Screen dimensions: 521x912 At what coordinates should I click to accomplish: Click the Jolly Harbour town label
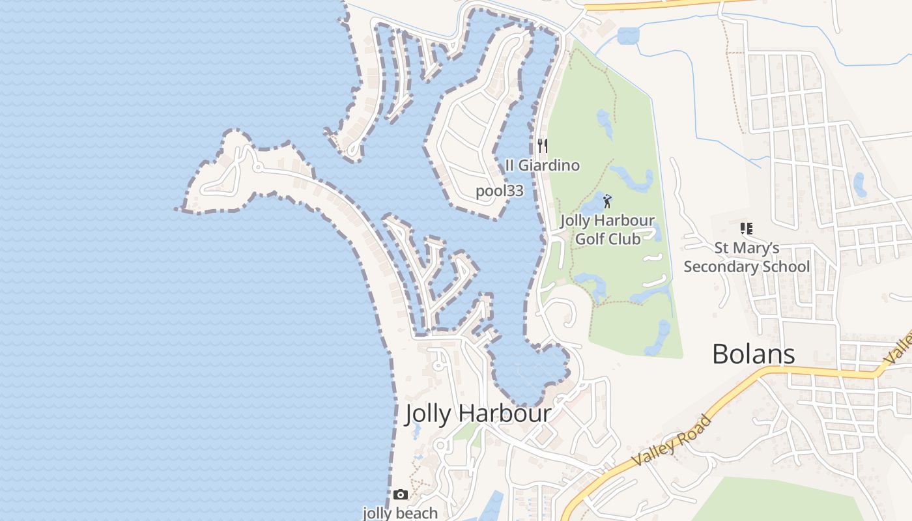[x=478, y=414]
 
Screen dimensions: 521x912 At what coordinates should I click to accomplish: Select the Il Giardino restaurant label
[x=542, y=165]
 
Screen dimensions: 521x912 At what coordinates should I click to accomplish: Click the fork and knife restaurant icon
[x=542, y=145]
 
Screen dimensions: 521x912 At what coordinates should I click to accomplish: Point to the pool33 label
[x=500, y=191]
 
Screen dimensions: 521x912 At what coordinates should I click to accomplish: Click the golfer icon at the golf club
[x=607, y=201]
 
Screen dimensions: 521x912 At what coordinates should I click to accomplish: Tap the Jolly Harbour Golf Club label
[x=607, y=229]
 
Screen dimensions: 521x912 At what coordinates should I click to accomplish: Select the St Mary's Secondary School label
[x=747, y=257]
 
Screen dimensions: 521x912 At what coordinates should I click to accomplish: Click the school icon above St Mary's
[x=746, y=229]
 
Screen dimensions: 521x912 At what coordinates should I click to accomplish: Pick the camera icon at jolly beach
[x=401, y=495]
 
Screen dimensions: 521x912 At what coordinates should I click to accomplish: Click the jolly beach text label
[x=400, y=513]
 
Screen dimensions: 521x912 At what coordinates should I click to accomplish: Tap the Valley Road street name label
[x=671, y=440]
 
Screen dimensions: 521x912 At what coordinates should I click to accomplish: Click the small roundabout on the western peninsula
[x=258, y=168]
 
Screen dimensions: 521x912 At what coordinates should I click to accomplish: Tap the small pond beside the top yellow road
[x=628, y=36]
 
